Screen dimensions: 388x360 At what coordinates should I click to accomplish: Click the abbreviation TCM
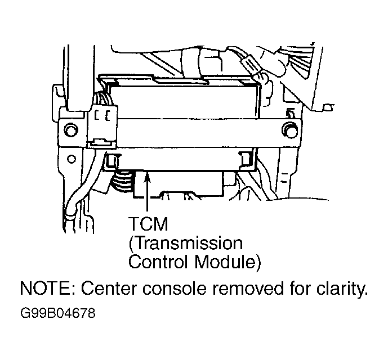[148, 224]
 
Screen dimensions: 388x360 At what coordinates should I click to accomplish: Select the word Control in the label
[158, 262]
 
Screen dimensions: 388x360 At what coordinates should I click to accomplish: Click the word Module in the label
[225, 262]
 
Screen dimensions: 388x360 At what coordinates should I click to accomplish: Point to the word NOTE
[46, 288]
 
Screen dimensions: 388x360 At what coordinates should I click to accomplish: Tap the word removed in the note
[248, 288]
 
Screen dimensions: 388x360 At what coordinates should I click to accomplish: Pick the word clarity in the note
[340, 289]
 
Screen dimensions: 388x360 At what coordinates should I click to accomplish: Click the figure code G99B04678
[58, 313]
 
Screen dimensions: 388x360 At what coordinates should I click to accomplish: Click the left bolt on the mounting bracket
[70, 129]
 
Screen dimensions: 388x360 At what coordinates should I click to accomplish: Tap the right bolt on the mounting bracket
[289, 129]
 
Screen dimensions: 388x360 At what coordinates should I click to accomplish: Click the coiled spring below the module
[123, 182]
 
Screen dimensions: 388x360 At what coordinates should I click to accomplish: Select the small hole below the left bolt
[72, 159]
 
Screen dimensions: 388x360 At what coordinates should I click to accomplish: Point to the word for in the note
[300, 288]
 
